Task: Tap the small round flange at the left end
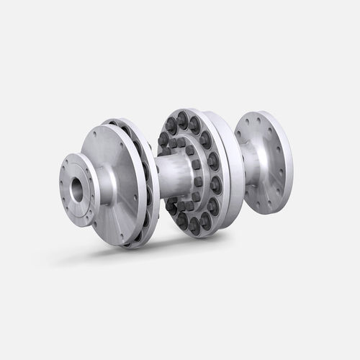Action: [x=73, y=198]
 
